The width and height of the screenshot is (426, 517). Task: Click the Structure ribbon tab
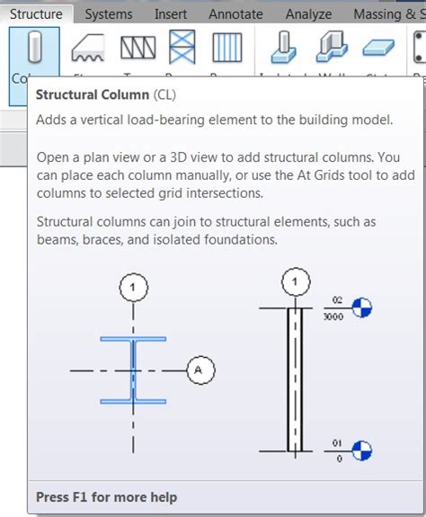pos(36,14)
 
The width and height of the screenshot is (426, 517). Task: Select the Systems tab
pos(108,14)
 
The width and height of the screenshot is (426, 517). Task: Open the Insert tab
pos(171,14)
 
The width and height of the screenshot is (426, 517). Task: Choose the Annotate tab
pos(235,14)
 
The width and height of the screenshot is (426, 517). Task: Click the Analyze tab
pos(308,14)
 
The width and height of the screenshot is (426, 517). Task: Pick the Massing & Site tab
pos(388,14)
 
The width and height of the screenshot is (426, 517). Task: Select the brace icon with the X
pos(183,48)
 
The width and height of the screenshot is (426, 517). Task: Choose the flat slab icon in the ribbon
pos(377,48)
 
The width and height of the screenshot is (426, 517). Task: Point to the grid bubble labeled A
pos(200,370)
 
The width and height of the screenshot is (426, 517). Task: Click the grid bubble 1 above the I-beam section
pos(133,289)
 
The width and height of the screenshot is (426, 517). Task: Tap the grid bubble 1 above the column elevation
pos(294,283)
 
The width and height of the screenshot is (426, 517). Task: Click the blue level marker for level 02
pos(361,308)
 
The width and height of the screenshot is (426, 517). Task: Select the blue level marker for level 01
pos(361,450)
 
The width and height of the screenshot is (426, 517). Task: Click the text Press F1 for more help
pos(106,497)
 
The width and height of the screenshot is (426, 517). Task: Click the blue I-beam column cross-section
pos(133,370)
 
